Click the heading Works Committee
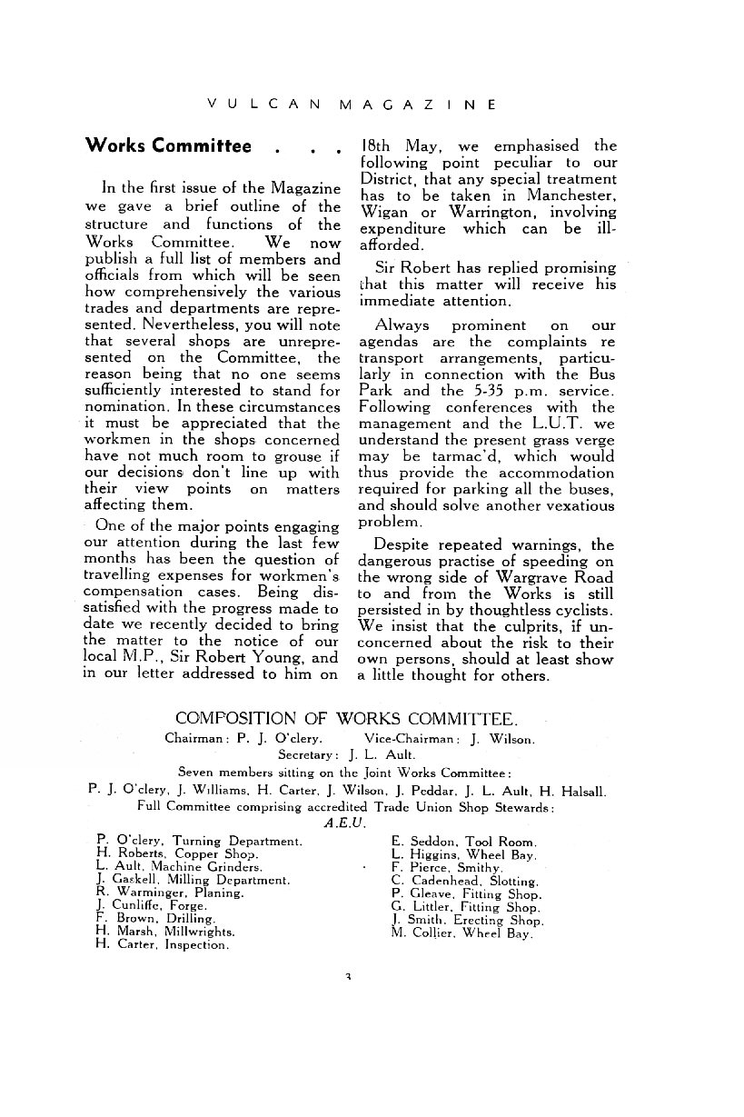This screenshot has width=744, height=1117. pyautogui.click(x=167, y=146)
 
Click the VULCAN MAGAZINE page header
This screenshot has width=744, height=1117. pyautogui.click(x=352, y=105)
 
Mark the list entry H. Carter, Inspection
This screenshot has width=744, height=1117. pyautogui.click(x=162, y=945)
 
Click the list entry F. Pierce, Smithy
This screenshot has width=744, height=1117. pyautogui.click(x=441, y=868)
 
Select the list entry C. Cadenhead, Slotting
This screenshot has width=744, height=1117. pyautogui.click(x=465, y=881)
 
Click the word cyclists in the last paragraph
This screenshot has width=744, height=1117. pyautogui.click(x=580, y=610)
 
